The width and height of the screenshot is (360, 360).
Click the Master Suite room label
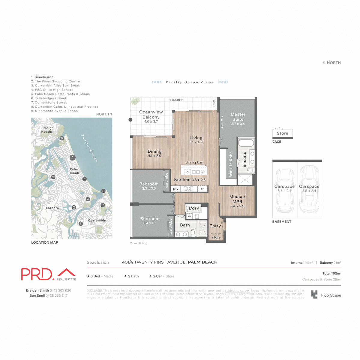[x=238, y=117]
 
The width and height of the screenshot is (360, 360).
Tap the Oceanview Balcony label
[x=151, y=115]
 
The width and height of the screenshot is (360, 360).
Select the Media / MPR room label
[x=237, y=199]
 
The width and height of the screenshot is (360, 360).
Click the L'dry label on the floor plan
[x=194, y=208]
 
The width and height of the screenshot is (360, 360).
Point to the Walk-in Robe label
[x=231, y=164]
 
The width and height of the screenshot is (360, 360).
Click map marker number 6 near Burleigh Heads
[x=62, y=138]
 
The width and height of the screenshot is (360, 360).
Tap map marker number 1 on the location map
[x=72, y=157]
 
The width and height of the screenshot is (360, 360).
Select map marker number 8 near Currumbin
[x=80, y=223]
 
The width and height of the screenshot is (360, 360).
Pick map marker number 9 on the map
[x=53, y=177]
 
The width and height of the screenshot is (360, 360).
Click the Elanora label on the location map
[x=52, y=208]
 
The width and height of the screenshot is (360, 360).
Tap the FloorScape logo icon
[x=314, y=295]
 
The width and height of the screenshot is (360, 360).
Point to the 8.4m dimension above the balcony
[x=176, y=100]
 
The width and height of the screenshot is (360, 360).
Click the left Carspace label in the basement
[x=284, y=187]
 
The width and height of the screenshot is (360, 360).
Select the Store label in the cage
[x=282, y=133]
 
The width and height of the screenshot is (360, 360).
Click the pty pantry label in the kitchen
[x=176, y=189]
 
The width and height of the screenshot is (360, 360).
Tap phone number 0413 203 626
[x=61, y=290]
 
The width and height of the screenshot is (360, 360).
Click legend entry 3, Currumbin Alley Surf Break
[x=56, y=85]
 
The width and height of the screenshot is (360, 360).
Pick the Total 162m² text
[x=331, y=273]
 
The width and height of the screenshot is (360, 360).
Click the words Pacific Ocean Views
[x=190, y=82]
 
